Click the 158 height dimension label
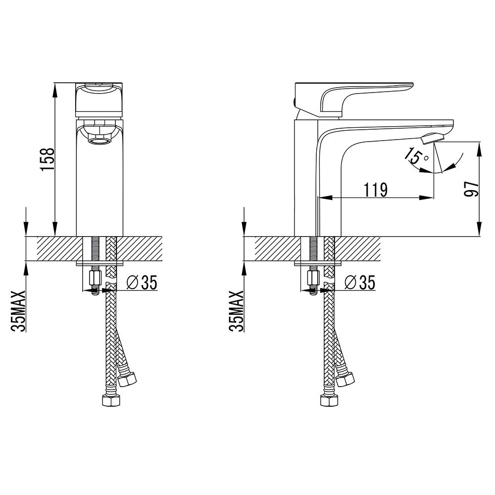pos(48,159)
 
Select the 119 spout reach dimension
pos(376,190)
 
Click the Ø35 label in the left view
pos(142,282)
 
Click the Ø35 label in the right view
pos(360,282)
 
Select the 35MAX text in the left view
pos(18,311)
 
